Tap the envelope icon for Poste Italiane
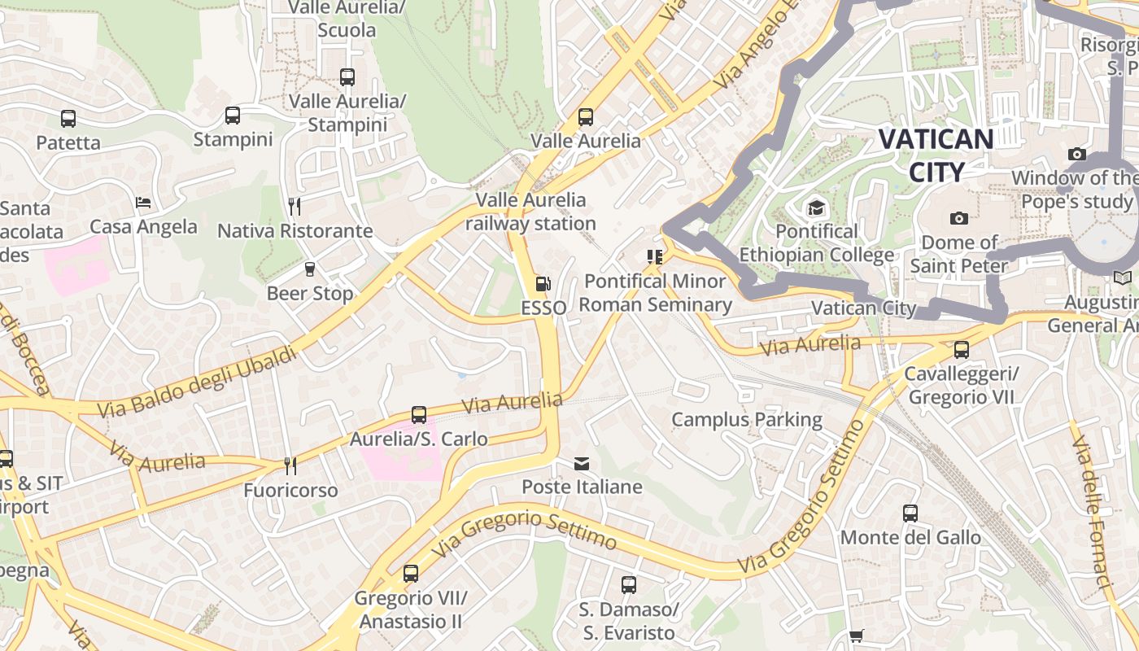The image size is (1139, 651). [x=582, y=464]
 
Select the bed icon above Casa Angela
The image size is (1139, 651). [x=143, y=203]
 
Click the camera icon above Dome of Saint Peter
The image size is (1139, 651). [x=959, y=218]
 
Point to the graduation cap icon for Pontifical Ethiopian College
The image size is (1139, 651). [x=816, y=208]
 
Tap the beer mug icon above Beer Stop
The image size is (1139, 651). [x=309, y=269]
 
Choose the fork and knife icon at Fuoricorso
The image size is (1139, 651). [x=290, y=466]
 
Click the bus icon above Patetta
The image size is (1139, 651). [x=68, y=119]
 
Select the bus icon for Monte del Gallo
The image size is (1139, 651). [x=910, y=513]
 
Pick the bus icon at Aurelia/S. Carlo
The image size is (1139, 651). [x=419, y=415]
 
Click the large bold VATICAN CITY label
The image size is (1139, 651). [x=936, y=155]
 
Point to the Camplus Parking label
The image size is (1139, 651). [x=746, y=420]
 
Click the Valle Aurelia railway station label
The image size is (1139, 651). [x=530, y=212]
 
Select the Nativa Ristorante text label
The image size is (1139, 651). [x=295, y=231]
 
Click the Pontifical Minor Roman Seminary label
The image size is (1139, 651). [x=655, y=293]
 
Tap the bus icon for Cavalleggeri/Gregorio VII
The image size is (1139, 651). [x=962, y=350]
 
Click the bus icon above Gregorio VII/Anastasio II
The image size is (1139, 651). [x=411, y=574]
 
